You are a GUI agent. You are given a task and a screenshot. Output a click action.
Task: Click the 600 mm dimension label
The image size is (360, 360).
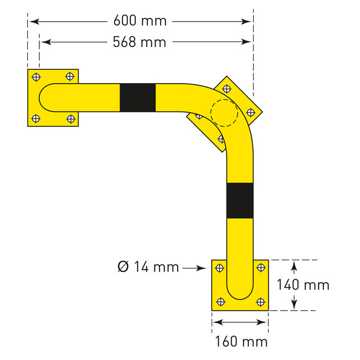(x=140, y=21)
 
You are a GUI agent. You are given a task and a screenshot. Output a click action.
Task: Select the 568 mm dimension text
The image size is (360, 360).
(x=140, y=42)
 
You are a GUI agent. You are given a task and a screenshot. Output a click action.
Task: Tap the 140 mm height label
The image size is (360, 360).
(x=303, y=285)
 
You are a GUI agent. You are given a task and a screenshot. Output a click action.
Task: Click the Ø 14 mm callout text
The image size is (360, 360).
(x=148, y=268)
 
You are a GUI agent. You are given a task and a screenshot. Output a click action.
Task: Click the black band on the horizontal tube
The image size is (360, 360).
(x=137, y=97)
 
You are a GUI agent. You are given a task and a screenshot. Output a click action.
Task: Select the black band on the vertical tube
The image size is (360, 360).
(x=240, y=200)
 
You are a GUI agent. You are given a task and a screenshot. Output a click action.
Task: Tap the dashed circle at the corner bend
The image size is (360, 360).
(x=224, y=113)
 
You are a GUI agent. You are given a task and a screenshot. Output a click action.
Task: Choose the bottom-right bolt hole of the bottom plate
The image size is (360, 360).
(x=260, y=302)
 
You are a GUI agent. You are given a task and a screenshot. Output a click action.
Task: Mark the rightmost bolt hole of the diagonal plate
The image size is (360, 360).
(x=250, y=112)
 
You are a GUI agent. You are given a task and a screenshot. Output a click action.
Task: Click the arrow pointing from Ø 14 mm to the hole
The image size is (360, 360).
(x=194, y=268)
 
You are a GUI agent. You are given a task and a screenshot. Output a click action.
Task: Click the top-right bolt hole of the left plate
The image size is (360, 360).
(x=70, y=76)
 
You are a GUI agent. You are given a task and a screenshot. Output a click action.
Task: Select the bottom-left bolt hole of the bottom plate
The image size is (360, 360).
(x=220, y=302)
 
